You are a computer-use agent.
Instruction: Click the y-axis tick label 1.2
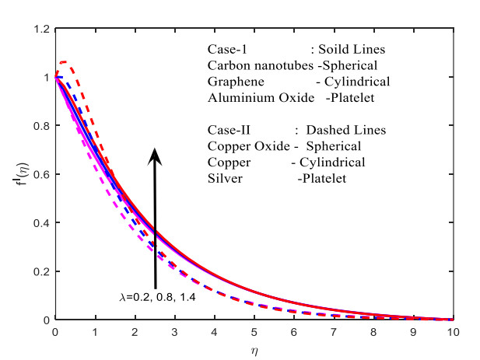point(42,30)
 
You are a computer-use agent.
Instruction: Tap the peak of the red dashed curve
point(64,61)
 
